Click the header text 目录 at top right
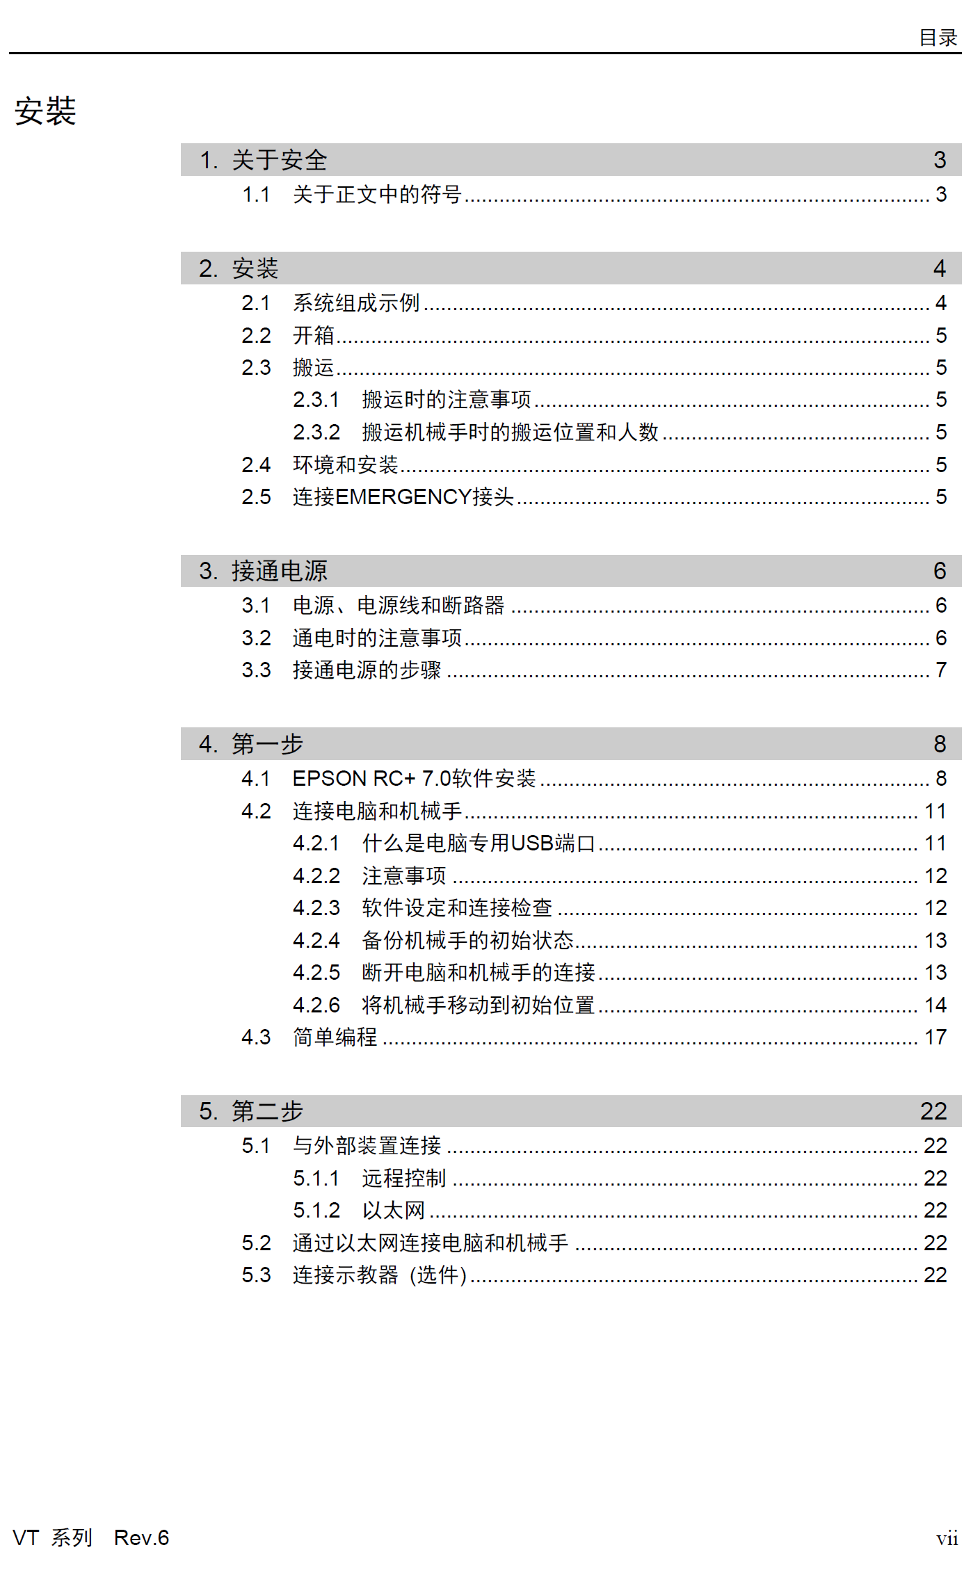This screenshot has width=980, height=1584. pos(938,38)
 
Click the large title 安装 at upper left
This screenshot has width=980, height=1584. pos(45,111)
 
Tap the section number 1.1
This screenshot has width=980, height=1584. pos(255,195)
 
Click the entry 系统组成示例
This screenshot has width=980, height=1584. pos(356,303)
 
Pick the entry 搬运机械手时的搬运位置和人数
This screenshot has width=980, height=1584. pos(510,433)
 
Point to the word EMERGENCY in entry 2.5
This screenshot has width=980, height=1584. pos(403,497)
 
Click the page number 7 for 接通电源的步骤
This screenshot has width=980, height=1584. pos(940,670)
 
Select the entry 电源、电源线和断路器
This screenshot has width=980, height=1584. pos(399,606)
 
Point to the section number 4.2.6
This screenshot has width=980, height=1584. pos(316,1005)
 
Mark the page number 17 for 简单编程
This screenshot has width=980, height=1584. pos(935,1037)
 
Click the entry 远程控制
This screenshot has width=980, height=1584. pos(403,1179)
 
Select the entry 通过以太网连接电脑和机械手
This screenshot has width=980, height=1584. pos(430,1243)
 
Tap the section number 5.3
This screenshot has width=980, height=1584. pos(256,1275)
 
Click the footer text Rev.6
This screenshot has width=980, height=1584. pos(141,1537)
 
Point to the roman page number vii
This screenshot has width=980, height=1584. pos(947,1538)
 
